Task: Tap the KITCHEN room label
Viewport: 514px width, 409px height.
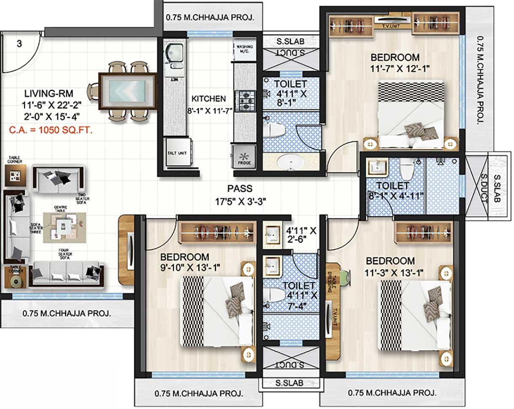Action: [208, 99]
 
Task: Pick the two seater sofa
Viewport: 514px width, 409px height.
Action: [58, 179]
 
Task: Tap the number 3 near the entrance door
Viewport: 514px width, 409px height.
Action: [19, 43]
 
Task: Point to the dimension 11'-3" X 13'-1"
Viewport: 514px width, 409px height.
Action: [395, 272]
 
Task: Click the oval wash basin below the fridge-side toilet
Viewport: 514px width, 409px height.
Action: [290, 162]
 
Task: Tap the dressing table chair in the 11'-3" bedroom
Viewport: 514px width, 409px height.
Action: [344, 277]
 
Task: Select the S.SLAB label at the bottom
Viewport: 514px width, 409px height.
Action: [290, 383]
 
